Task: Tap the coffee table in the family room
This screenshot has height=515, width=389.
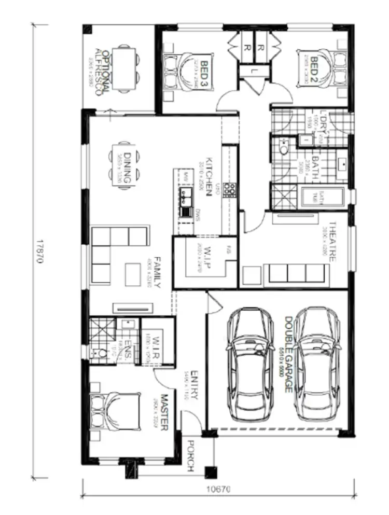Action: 133,272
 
